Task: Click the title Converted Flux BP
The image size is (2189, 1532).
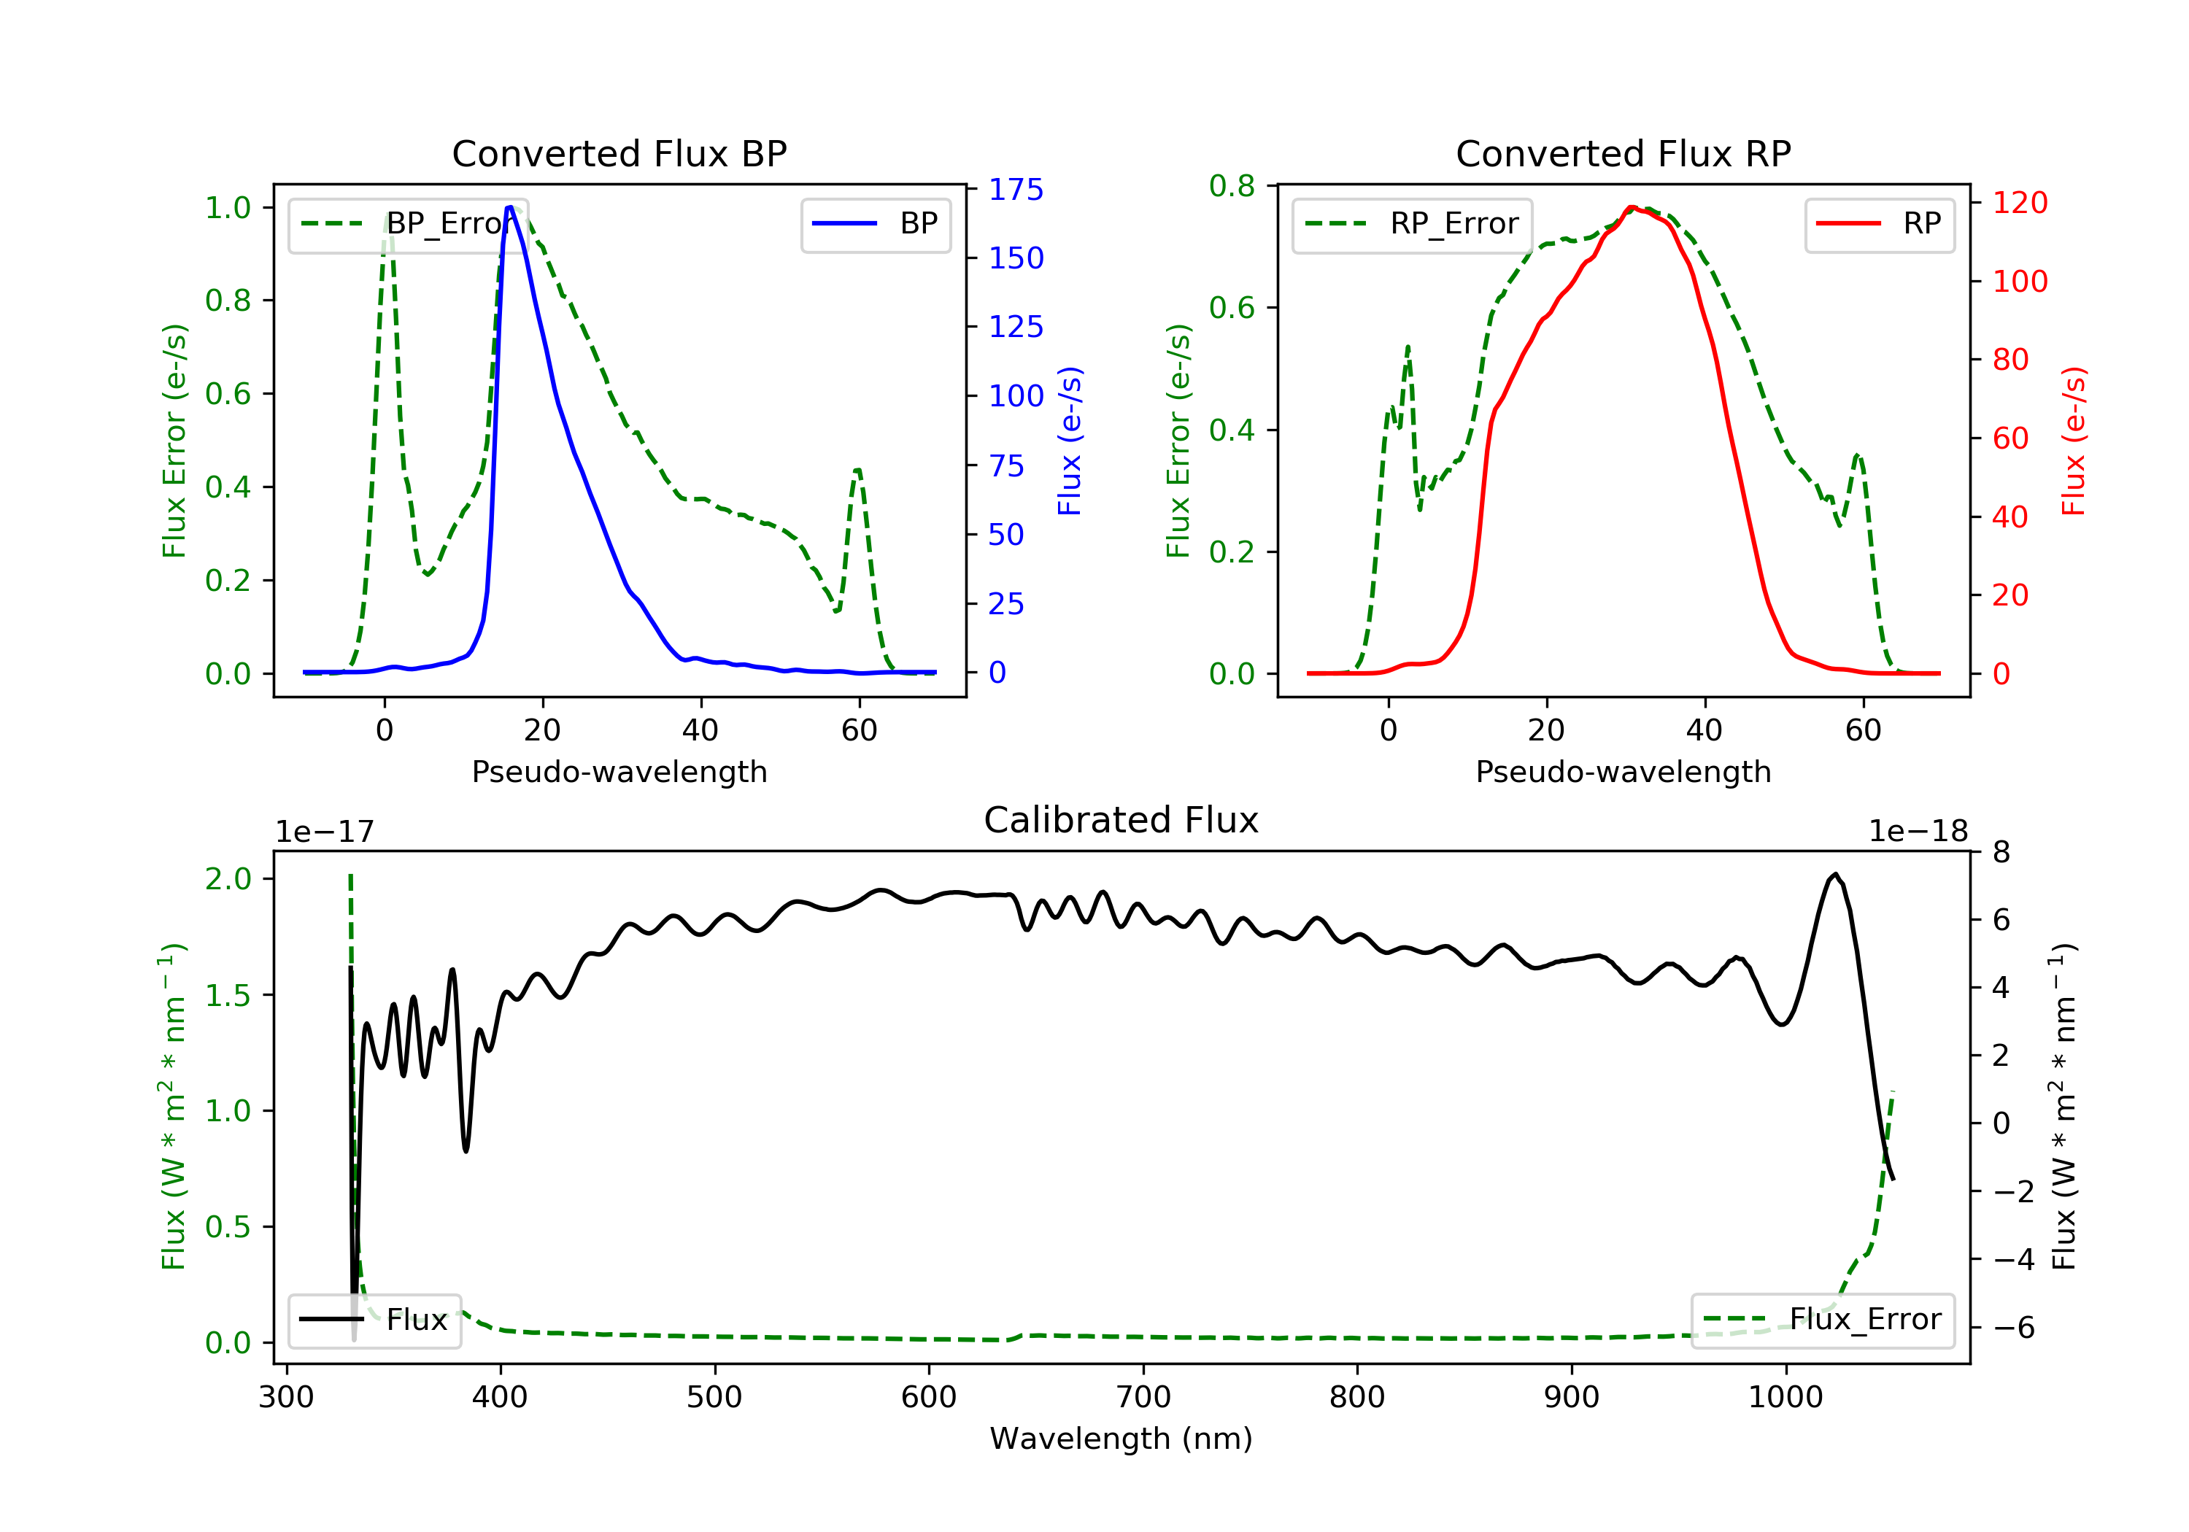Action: point(619,153)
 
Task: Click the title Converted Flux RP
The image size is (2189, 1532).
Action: point(1623,153)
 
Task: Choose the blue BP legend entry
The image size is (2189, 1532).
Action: point(875,224)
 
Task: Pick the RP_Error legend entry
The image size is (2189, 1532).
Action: point(1411,224)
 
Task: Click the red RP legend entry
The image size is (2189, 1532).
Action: point(1879,224)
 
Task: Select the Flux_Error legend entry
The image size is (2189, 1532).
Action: point(1822,1320)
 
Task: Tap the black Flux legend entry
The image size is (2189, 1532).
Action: point(375,1320)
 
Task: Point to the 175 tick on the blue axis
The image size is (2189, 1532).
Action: point(1016,190)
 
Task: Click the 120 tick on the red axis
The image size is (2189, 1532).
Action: point(2019,202)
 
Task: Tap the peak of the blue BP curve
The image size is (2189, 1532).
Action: point(510,207)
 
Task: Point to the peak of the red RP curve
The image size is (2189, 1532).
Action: point(1632,207)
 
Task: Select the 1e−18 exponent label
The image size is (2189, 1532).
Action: point(1918,832)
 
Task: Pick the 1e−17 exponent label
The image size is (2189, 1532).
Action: point(324,832)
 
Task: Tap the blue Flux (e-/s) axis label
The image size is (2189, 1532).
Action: point(1070,441)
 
